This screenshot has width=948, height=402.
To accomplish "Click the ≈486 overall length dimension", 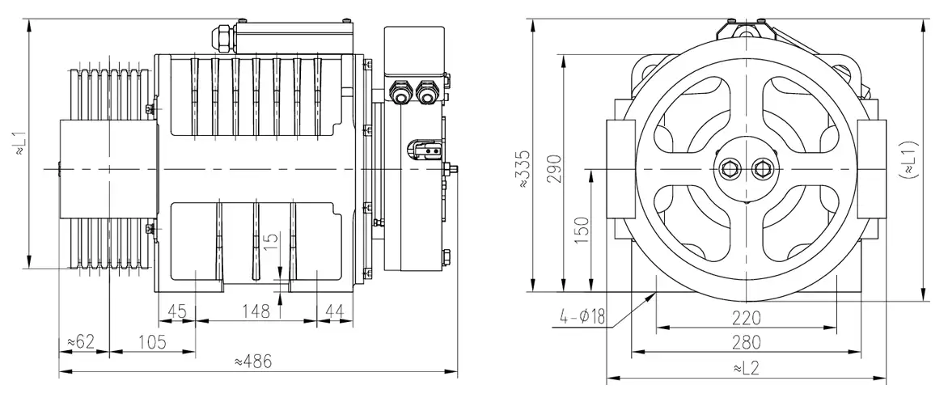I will [x=252, y=362].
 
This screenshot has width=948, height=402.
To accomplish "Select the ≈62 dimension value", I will [x=80, y=342].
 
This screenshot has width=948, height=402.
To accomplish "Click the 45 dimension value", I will [x=178, y=311].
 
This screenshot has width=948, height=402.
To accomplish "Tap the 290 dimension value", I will [x=554, y=168].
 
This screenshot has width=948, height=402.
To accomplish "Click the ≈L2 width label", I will [x=745, y=368].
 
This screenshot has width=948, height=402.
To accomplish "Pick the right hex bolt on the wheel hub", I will [x=761, y=169].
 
